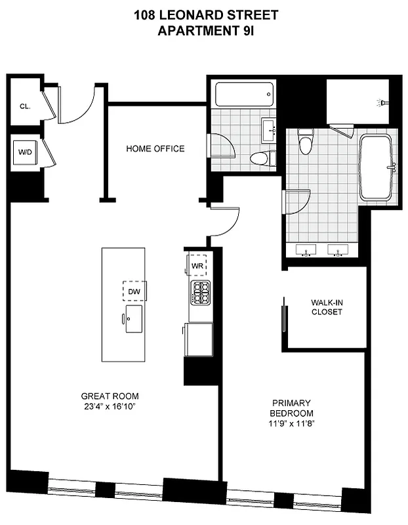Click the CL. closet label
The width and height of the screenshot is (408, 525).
tap(25, 106)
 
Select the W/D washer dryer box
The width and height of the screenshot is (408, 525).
tap(25, 152)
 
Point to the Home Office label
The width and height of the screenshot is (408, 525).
tap(155, 149)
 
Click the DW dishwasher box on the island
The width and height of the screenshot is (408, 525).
tap(134, 290)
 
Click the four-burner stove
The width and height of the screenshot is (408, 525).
tap(200, 292)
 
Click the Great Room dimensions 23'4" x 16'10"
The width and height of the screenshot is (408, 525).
tap(110, 407)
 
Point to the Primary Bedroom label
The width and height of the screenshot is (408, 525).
tap(292, 408)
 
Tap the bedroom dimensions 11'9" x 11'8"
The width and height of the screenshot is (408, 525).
tap(292, 424)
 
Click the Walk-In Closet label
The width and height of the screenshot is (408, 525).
tap(327, 307)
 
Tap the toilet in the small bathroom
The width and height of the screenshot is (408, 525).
tap(260, 158)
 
